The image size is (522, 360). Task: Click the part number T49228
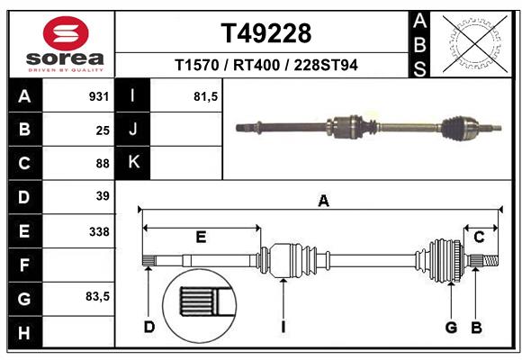point(266,33)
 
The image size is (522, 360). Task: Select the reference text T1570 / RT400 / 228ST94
point(266,66)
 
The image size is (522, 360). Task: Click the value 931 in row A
point(99,96)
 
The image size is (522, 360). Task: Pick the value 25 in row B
point(103,130)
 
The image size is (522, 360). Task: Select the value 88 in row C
point(103,163)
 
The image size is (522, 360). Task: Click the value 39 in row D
point(103,196)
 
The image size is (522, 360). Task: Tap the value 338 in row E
point(99,231)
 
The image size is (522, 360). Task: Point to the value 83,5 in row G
point(97,296)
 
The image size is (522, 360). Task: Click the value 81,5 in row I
point(206,96)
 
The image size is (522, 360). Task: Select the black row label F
point(24,265)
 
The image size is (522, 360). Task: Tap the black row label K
point(133,163)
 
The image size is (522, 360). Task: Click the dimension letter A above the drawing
point(323,202)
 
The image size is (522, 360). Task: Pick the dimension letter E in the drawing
point(201,237)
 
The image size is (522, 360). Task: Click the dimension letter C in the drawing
point(480,237)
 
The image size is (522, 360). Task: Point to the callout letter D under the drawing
point(149,327)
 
